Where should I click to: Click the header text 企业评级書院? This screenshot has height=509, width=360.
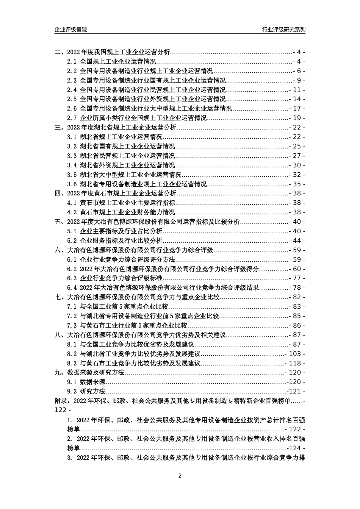pos(71,30)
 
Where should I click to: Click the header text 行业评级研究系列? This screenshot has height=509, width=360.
pos(284,30)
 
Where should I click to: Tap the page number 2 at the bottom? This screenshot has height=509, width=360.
pos(180,476)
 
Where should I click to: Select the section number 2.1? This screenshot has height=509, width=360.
pos(72,62)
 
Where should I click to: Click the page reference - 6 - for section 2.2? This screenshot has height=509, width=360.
pos(299,71)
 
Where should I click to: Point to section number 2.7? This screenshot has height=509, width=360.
pos(72,118)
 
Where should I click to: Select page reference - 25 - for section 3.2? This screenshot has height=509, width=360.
pos(297,147)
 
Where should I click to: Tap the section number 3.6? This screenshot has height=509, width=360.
pos(72,184)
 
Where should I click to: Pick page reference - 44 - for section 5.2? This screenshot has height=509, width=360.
pos(297,240)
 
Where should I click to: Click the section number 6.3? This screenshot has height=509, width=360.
pos(72,278)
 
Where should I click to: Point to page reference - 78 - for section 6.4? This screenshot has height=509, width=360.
pos(297,288)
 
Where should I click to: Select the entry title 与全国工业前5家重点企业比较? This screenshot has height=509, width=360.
pos(124,307)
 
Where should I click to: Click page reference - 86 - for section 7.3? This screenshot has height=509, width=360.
pos(297,325)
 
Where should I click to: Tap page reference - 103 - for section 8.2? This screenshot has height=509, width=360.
pos(295,354)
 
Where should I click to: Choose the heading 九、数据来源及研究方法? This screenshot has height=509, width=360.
pos(89,373)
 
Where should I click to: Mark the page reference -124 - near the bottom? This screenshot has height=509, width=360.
pos(296,448)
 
